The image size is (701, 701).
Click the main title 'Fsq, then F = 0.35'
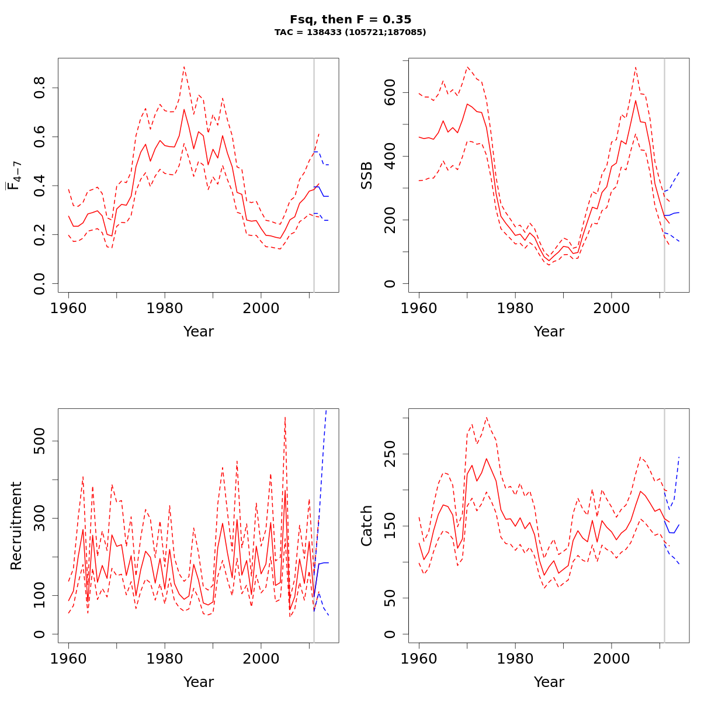(350, 19)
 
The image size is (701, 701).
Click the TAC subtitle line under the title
(350, 32)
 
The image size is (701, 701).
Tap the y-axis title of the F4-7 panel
(15, 175)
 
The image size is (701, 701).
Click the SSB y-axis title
(367, 175)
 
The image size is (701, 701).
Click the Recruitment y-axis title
(16, 526)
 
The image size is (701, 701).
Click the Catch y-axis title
(367, 526)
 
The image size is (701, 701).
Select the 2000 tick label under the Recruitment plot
(261, 658)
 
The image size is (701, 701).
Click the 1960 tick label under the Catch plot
(419, 658)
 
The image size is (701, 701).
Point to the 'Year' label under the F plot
(199, 332)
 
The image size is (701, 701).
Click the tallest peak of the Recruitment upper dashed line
(284, 417)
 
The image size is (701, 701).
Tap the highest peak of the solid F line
(184, 109)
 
